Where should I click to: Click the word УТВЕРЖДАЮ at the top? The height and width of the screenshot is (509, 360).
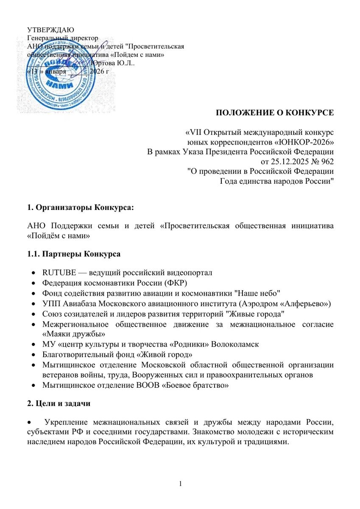point(50,30)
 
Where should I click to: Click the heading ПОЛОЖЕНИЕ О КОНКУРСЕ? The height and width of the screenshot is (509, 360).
point(275,112)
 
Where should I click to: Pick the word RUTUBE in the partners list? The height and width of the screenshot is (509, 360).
point(57,272)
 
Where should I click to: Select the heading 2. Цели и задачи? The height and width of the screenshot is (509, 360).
point(59,403)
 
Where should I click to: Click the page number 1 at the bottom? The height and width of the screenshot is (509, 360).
point(180,484)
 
